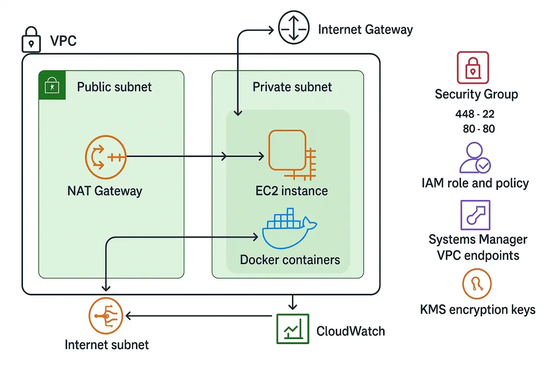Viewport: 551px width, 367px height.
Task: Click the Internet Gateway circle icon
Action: pyautogui.click(x=295, y=28)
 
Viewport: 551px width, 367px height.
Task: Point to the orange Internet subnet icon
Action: pyautogui.click(x=106, y=316)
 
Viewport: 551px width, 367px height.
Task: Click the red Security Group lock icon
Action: pyautogui.click(x=473, y=67)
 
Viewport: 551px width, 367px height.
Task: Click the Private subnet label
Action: pyautogui.click(x=292, y=87)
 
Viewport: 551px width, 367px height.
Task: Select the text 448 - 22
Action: pyautogui.click(x=475, y=114)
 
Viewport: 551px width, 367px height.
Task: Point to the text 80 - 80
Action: pyautogui.click(x=479, y=129)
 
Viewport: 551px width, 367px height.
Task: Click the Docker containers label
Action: pyautogui.click(x=290, y=260)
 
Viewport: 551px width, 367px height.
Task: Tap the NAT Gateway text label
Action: pyautogui.click(x=105, y=190)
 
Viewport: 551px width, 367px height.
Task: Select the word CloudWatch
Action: pyautogui.click(x=351, y=331)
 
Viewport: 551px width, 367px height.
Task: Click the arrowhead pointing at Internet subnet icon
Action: pyautogui.click(x=129, y=316)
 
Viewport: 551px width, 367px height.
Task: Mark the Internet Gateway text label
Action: pyautogui.click(x=365, y=30)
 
